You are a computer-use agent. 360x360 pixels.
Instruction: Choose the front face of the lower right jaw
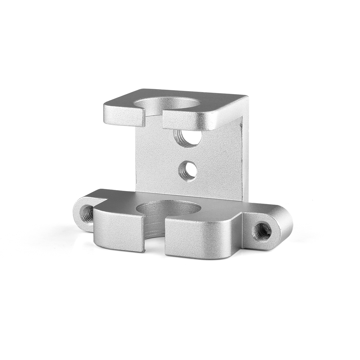[198, 243]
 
